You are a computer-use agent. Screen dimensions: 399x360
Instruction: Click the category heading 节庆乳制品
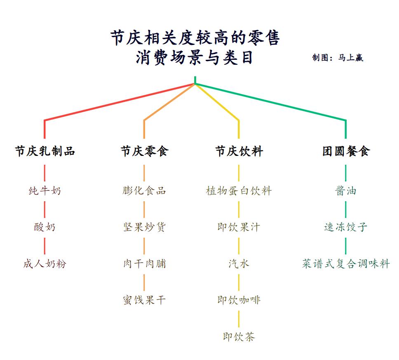pyautogui.click(x=45, y=151)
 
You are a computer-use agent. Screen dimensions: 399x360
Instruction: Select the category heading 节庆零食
pyautogui.click(x=144, y=151)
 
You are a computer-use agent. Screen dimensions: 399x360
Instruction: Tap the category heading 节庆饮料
pyautogui.click(x=239, y=151)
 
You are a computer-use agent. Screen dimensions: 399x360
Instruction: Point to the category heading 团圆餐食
pyautogui.click(x=346, y=151)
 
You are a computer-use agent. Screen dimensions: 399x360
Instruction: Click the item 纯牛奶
pyautogui.click(x=45, y=191)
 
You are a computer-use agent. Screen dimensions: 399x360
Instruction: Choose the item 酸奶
pyautogui.click(x=45, y=227)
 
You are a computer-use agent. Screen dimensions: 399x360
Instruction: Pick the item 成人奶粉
pyautogui.click(x=45, y=264)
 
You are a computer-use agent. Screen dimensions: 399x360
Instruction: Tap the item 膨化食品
pyautogui.click(x=144, y=191)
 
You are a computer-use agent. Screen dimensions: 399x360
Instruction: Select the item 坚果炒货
pyautogui.click(x=144, y=227)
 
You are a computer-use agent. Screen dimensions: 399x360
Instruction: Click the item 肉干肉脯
pyautogui.click(x=144, y=264)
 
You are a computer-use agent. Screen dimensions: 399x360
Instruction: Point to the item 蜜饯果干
pyautogui.click(x=144, y=300)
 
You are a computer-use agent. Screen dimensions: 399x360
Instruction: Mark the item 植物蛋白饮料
pyautogui.click(x=239, y=191)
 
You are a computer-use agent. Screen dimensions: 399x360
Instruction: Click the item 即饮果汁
pyautogui.click(x=239, y=227)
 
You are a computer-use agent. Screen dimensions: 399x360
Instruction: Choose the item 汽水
pyautogui.click(x=239, y=264)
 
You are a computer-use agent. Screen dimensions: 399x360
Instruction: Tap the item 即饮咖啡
pyautogui.click(x=239, y=300)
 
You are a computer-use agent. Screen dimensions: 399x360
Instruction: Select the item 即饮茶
pyautogui.click(x=239, y=337)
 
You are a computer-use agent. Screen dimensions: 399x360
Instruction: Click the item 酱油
pyautogui.click(x=346, y=191)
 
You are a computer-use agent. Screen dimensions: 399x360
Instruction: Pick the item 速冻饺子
pyautogui.click(x=346, y=227)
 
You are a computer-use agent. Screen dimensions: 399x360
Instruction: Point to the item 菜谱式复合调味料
pyautogui.click(x=346, y=264)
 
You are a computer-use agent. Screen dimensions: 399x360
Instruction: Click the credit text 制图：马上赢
pyautogui.click(x=338, y=58)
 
